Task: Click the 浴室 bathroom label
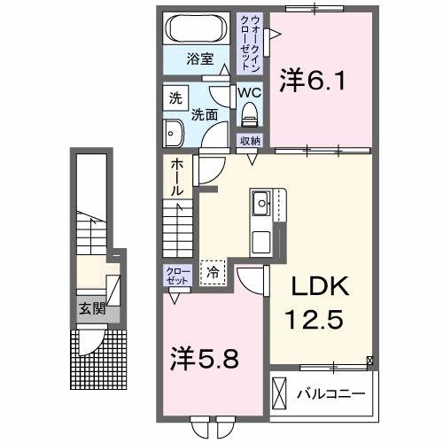pyautogui.click(x=199, y=59)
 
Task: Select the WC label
pyautogui.click(x=247, y=91)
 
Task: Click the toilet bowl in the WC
pyautogui.click(x=248, y=113)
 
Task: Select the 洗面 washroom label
pyautogui.click(x=205, y=115)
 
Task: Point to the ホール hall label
pyautogui.click(x=177, y=176)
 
